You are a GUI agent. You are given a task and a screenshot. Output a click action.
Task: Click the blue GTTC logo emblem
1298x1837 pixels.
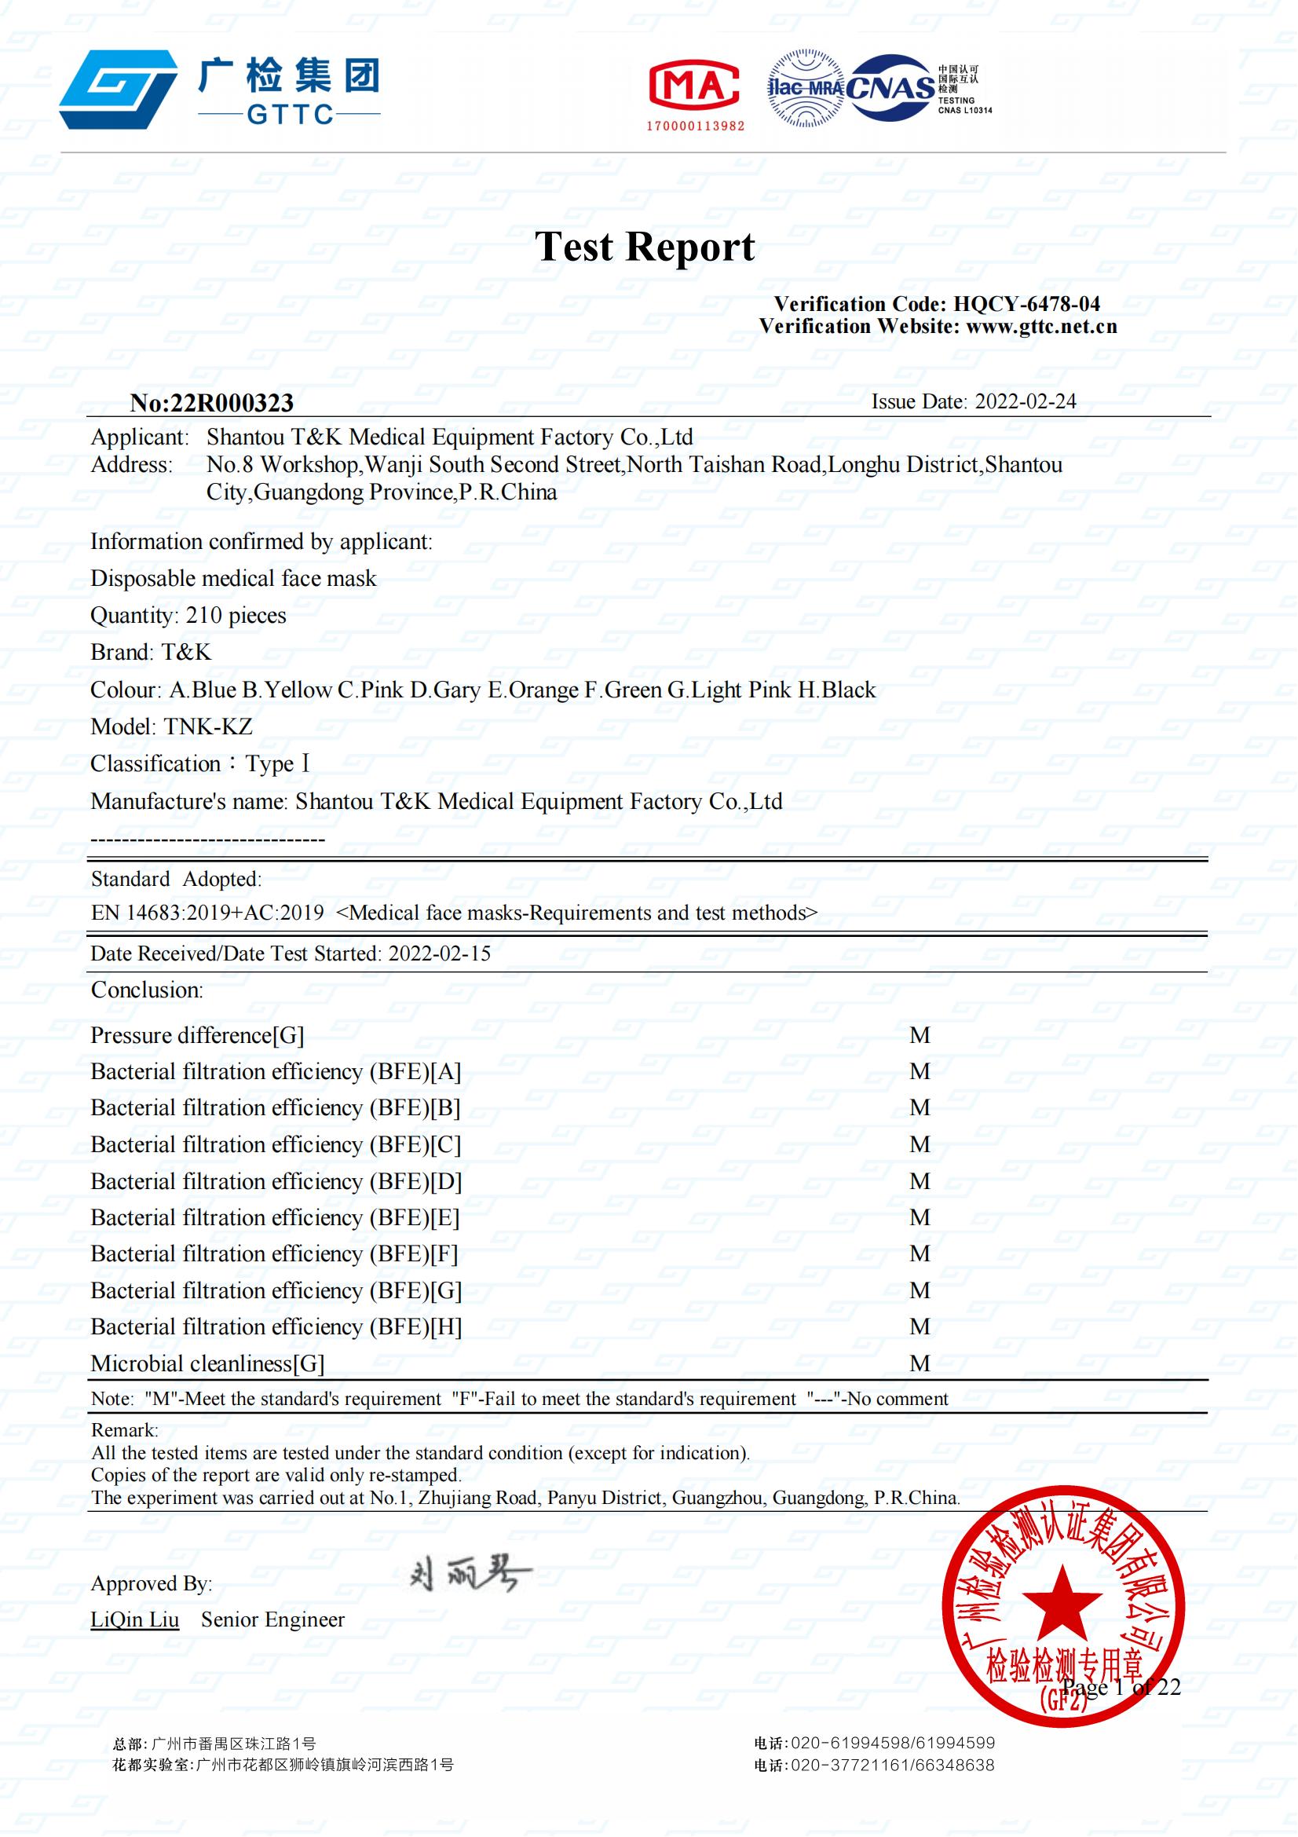point(119,90)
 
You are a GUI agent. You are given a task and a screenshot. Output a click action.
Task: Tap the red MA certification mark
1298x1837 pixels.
point(693,85)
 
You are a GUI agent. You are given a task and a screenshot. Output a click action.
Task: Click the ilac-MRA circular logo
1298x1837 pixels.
point(805,88)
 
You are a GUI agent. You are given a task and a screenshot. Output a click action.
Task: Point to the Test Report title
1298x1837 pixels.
point(645,247)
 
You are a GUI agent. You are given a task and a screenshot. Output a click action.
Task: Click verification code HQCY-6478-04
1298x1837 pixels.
point(1026,304)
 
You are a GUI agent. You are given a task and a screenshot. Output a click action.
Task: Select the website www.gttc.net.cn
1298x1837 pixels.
point(1041,327)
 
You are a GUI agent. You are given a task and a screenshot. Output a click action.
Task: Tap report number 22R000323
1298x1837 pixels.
point(232,402)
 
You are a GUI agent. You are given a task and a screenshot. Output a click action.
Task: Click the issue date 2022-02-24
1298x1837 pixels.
point(1026,401)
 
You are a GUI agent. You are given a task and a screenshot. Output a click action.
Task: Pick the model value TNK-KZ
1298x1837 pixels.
point(208,726)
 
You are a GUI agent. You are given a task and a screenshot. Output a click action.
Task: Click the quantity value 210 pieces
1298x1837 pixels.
point(236,615)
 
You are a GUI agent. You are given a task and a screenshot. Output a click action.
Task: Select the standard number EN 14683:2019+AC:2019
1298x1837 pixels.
point(207,913)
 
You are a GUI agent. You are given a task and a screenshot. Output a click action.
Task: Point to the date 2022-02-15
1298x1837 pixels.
point(439,953)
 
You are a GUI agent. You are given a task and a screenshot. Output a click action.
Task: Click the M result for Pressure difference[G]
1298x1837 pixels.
point(919,1035)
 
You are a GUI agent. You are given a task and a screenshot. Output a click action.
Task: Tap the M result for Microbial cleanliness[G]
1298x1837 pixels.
point(919,1363)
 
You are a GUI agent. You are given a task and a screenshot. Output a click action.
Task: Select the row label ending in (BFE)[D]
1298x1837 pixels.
point(276,1181)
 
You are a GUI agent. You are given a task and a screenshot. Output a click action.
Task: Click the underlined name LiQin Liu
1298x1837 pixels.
point(134,1619)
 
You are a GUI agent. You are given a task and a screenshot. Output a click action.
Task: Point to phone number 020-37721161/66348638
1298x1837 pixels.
point(892,1764)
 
